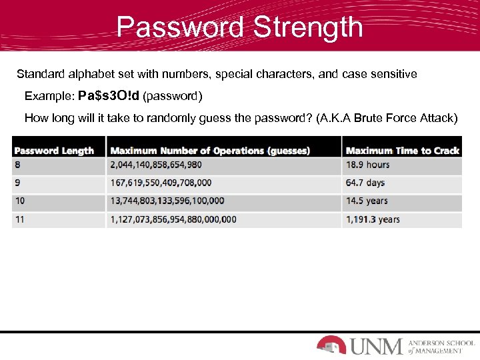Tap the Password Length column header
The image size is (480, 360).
point(54,151)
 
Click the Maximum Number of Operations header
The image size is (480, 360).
point(210,151)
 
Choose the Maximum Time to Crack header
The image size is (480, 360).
point(403,151)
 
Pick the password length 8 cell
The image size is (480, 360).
point(17,165)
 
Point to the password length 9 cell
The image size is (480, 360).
point(17,183)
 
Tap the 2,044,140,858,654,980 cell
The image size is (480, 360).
point(156,165)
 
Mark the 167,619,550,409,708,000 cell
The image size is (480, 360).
point(161,183)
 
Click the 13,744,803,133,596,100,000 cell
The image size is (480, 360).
point(167,201)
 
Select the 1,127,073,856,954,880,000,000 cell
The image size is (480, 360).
point(173,219)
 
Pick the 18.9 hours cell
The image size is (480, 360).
point(368,165)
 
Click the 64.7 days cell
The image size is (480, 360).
point(365,183)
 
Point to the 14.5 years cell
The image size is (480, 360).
point(367,201)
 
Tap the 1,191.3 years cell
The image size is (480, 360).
point(373,219)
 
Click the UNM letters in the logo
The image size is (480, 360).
point(376,346)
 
